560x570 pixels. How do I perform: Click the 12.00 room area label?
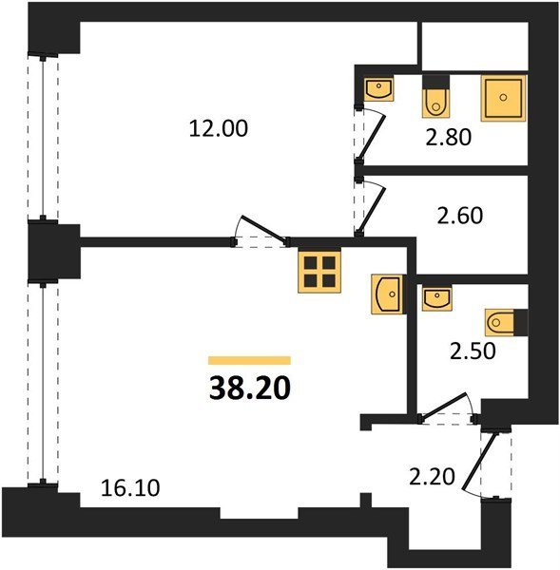coord(219,128)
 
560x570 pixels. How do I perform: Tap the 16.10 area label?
coord(130,488)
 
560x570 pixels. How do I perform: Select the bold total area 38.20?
coord(250,388)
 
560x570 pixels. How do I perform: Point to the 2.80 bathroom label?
coord(449,138)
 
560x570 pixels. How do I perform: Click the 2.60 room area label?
coord(460,216)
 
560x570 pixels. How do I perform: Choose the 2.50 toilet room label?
coord(473,351)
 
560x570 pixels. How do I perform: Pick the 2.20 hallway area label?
coord(432,477)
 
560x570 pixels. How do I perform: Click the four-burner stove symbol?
coord(319,272)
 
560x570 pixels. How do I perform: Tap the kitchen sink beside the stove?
coord(388,294)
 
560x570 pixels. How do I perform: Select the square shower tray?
coord(504,98)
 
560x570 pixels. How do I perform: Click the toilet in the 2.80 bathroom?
coord(435,97)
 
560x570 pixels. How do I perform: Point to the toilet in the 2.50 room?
coord(506,322)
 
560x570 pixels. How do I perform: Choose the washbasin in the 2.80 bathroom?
coord(379,88)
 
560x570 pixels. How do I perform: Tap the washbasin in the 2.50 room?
coord(437,298)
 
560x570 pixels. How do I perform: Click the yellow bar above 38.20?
coord(250,360)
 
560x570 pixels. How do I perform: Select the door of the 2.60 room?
coord(371,206)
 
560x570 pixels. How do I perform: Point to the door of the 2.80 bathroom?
coord(371,135)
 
